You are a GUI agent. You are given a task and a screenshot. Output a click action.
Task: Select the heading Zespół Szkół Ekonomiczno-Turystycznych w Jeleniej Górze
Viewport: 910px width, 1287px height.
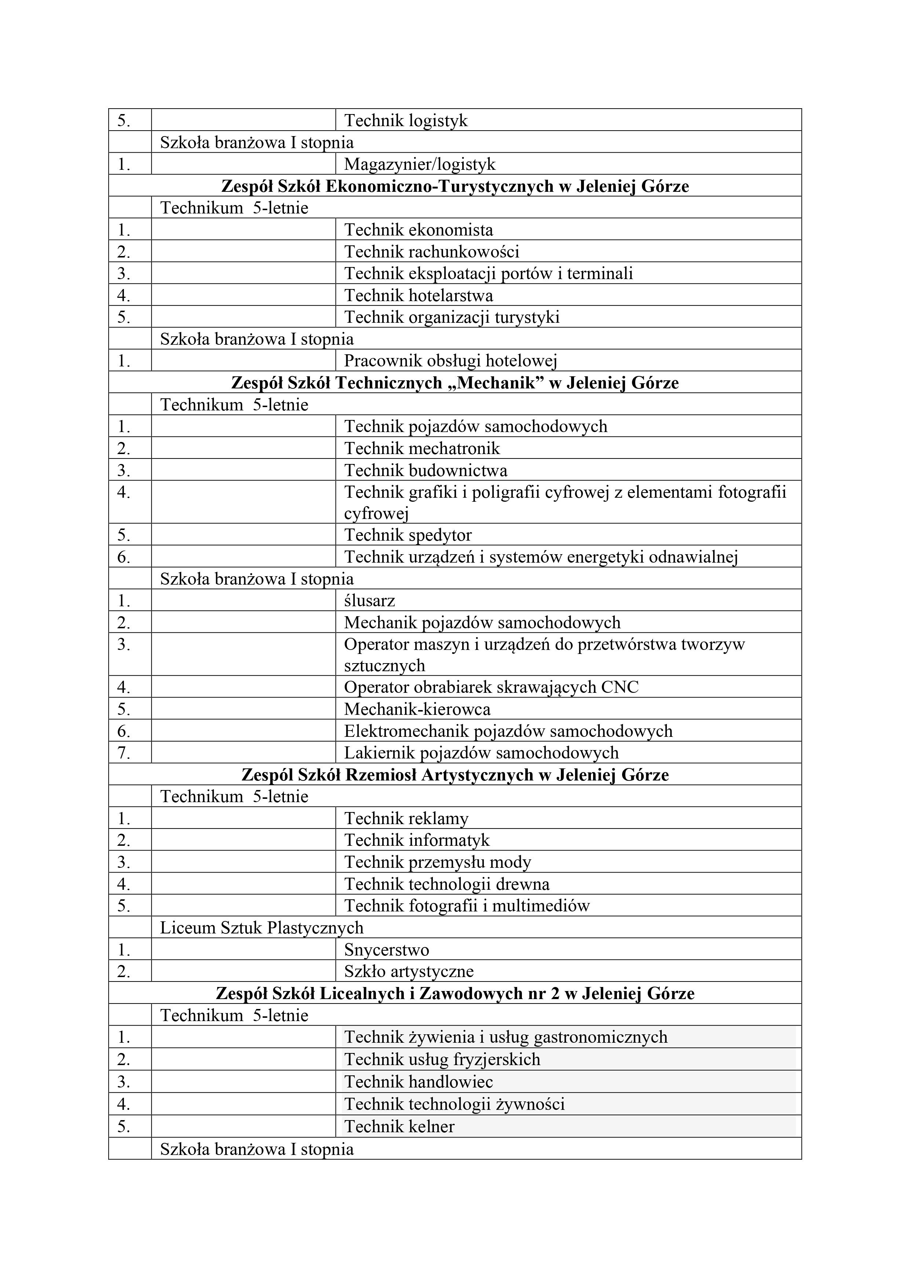point(455,186)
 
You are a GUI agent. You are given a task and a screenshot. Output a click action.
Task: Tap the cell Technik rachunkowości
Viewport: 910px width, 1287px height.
point(431,252)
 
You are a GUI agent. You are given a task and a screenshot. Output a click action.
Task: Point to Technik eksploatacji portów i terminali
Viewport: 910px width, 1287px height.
point(488,274)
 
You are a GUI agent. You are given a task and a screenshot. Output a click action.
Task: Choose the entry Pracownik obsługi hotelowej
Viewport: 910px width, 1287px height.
point(450,361)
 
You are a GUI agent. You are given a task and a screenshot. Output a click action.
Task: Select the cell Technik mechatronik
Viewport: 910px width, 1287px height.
point(422,449)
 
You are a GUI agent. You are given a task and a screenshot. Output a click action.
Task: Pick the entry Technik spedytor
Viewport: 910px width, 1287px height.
point(408,535)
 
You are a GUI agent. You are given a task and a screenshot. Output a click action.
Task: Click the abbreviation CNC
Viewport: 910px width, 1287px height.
point(620,687)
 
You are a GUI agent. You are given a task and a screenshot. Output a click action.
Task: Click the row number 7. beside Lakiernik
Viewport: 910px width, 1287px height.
point(123,753)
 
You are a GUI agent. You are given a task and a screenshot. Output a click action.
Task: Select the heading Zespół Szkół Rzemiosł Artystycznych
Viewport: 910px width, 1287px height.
point(455,775)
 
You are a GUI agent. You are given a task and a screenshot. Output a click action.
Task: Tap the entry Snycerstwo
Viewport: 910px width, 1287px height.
point(386,950)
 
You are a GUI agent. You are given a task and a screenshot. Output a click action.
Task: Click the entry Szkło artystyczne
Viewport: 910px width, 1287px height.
point(409,972)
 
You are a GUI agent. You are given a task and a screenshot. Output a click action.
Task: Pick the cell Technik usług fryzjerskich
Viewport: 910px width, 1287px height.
point(442,1060)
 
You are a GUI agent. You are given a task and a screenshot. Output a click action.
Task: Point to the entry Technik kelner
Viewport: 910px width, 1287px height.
point(399,1127)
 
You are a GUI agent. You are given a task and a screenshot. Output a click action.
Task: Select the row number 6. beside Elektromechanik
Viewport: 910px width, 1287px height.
point(123,731)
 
